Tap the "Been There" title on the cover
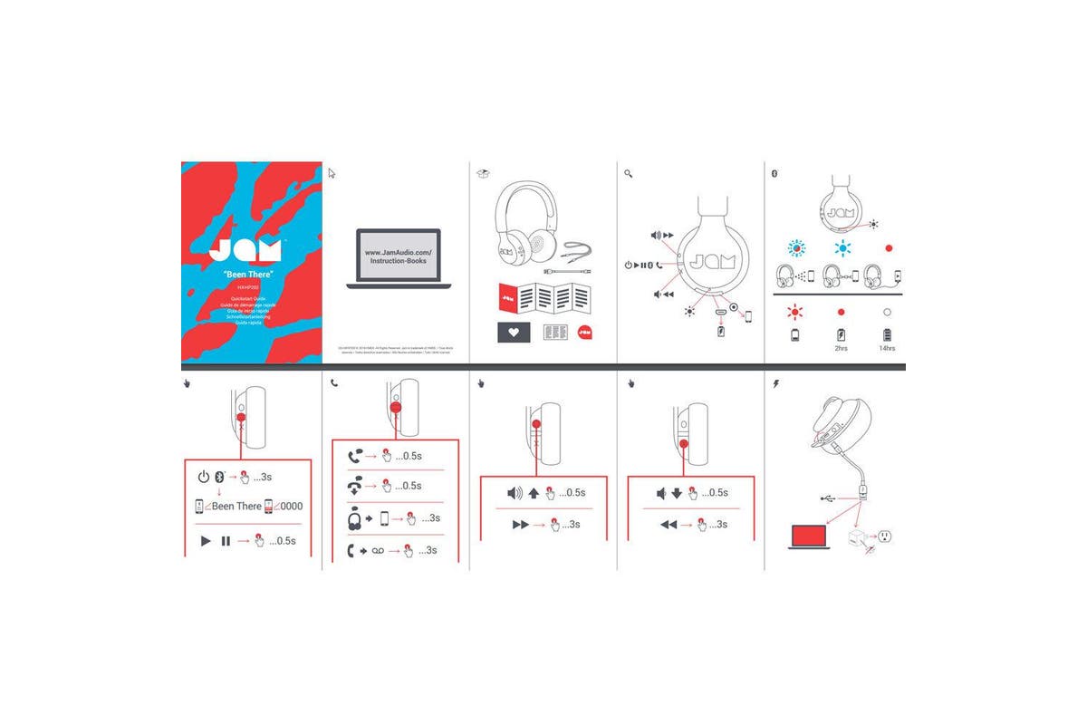(x=248, y=274)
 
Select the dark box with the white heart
(x=515, y=333)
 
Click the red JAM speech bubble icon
(x=585, y=333)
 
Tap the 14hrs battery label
(x=888, y=349)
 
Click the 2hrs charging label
(x=842, y=349)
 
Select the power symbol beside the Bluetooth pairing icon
(x=203, y=477)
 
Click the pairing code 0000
(x=291, y=507)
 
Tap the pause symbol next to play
(x=226, y=541)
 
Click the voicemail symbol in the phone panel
(x=379, y=550)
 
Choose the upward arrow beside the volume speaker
(x=534, y=493)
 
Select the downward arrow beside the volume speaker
(x=677, y=493)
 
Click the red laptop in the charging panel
(x=810, y=537)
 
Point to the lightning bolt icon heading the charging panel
(x=775, y=384)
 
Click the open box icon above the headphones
(x=484, y=173)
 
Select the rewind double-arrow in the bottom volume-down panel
(x=669, y=525)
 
